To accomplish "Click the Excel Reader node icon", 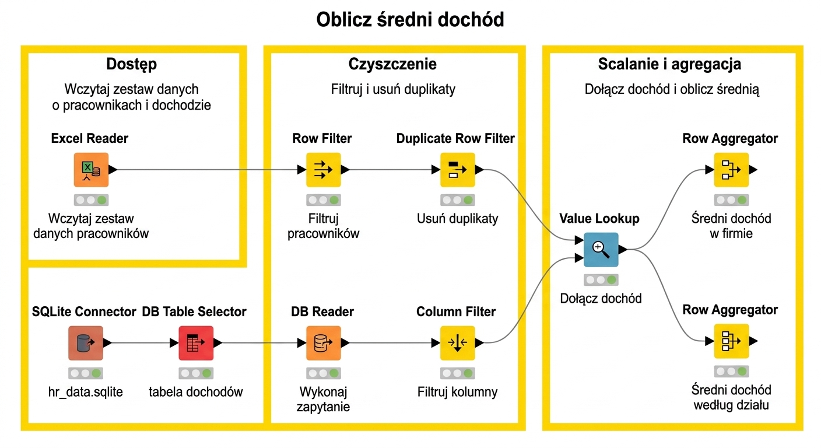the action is pos(92,170).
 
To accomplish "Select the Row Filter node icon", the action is pos(324,170).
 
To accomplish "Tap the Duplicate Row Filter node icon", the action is pos(458,170).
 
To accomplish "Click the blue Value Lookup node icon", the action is pos(601,250).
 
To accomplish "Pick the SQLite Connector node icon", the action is pos(86,343).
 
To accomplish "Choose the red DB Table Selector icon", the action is pos(196,343).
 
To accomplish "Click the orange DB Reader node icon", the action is pos(324,343).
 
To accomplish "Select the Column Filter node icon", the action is pos(458,343).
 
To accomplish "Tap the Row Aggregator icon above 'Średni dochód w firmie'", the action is pos(732,170).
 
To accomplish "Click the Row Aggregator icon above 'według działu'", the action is pos(732,341).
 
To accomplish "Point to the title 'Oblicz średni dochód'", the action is pos(410,19).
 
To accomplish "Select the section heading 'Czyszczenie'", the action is pos(392,64).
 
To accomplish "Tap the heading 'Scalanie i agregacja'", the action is pos(669,64).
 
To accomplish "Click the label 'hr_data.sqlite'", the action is pos(85,392).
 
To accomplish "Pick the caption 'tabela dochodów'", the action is pos(196,392).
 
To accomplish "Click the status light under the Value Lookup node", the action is pos(601,280).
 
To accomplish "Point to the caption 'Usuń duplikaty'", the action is pos(457,219).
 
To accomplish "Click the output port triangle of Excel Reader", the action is pos(113,170).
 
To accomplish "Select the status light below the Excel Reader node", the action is pos(92,200).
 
